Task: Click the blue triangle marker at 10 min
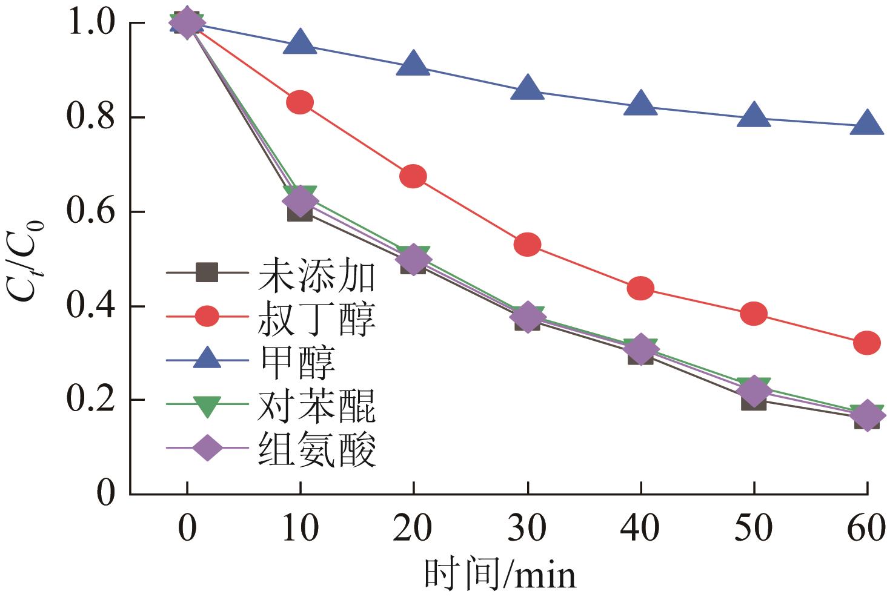(301, 43)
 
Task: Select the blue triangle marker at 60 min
(867, 124)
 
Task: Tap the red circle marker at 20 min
(413, 176)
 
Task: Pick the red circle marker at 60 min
(867, 343)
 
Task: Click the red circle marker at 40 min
(640, 288)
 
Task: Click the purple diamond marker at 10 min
(300, 201)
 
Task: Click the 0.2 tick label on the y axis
(91, 400)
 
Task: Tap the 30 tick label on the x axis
(527, 529)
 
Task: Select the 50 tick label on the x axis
(754, 529)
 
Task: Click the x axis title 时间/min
(499, 575)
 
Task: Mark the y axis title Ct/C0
(25, 259)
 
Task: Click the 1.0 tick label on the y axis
(91, 24)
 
